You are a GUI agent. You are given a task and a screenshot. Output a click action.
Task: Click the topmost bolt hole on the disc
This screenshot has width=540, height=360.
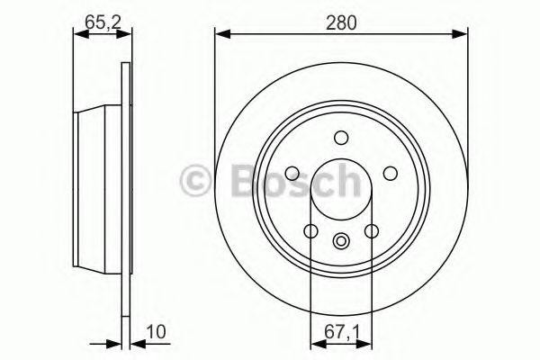pyautogui.click(x=341, y=138)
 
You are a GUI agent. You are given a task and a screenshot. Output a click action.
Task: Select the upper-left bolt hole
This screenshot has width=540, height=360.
pyautogui.click(x=292, y=174)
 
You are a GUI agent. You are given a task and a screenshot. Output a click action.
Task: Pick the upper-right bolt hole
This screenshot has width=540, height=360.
pyautogui.click(x=390, y=174)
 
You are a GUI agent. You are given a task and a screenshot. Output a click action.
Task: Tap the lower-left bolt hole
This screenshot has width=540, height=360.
pyautogui.click(x=310, y=231)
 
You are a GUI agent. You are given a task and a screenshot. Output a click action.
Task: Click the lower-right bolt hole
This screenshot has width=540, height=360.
pyautogui.click(x=372, y=231)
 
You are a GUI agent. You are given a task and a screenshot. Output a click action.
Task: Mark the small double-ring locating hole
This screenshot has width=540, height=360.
pyautogui.click(x=341, y=240)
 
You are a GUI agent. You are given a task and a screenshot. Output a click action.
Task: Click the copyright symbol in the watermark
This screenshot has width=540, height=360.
pyautogui.click(x=198, y=180)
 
